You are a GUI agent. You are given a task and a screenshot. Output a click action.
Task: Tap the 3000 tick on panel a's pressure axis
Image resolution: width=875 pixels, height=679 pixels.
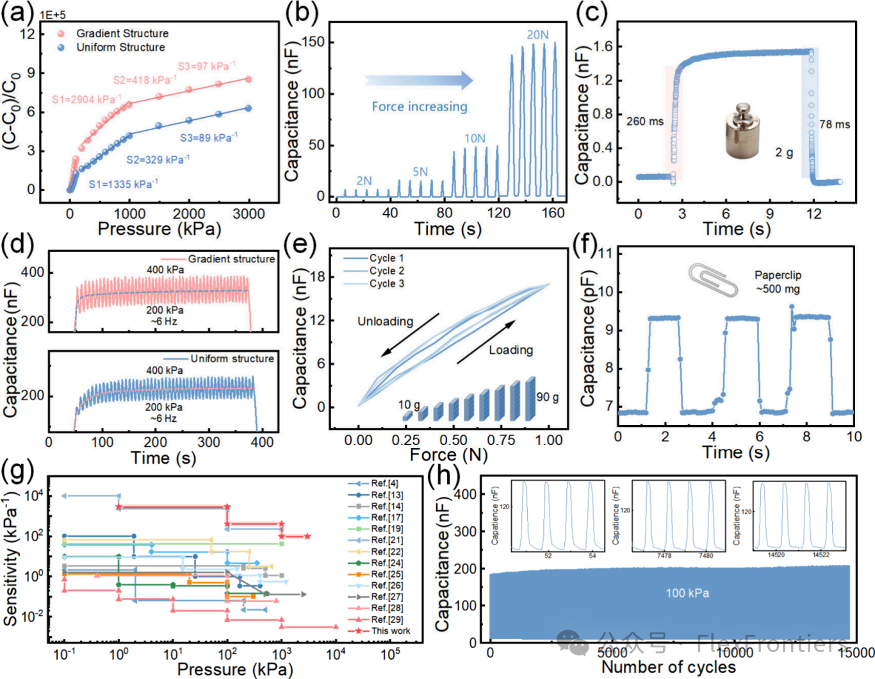tap(249, 214)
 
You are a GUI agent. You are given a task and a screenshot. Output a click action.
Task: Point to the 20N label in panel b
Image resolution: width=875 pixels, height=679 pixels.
tap(537, 35)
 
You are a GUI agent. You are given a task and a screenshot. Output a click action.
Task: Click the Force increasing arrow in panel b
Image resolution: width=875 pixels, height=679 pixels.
tap(419, 81)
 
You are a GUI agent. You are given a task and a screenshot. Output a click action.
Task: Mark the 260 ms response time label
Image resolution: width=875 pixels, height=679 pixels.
tap(644, 121)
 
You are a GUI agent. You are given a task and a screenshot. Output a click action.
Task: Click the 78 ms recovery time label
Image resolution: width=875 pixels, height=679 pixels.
tap(834, 124)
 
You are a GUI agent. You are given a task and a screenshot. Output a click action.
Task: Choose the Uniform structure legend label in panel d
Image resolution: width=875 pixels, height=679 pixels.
tap(232, 358)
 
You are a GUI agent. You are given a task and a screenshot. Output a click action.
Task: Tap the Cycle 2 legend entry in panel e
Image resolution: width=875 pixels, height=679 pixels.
tap(386, 271)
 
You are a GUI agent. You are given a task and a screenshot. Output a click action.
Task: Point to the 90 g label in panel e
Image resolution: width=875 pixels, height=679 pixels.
tap(547, 397)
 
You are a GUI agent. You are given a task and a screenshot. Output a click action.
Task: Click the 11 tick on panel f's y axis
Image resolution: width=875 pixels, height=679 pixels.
tap(605, 253)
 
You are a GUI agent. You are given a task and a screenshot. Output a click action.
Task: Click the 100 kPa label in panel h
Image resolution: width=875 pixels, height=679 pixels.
tap(687, 593)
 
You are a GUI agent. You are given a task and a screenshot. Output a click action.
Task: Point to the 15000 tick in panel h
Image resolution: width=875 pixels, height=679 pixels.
tap(856, 653)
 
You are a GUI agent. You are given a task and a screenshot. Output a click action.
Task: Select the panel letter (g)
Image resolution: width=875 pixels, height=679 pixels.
tap(17, 473)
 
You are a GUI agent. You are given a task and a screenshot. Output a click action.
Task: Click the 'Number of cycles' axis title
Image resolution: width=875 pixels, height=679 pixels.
tap(669, 667)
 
